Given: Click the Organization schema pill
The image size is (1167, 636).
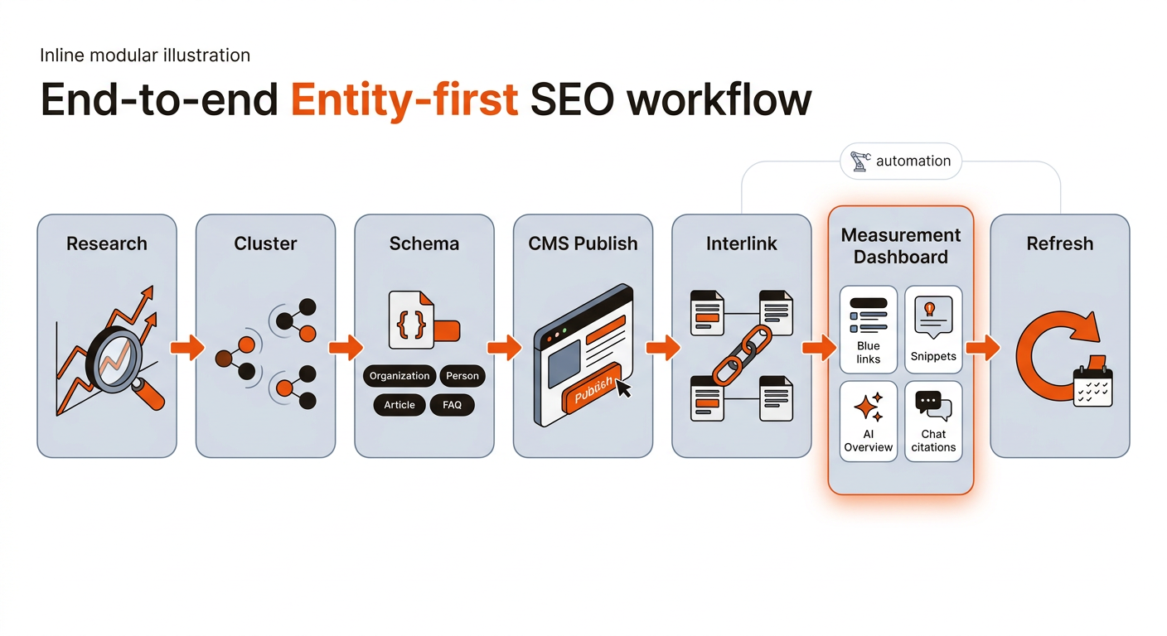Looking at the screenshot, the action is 399,376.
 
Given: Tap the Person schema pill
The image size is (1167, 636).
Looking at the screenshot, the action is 462,376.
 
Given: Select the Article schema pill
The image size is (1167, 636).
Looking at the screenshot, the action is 399,405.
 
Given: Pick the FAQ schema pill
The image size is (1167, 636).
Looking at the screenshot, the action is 452,405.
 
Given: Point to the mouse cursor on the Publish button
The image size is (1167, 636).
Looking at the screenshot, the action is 623,388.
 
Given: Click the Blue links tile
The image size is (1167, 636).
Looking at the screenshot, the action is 869,330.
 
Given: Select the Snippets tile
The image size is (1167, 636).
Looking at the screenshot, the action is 933,330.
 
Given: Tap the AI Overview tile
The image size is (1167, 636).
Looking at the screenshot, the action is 869,422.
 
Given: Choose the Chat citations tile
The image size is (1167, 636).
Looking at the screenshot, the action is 933,422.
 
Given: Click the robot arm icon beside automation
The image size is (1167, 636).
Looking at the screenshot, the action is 860,161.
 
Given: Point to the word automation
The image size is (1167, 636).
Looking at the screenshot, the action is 913,161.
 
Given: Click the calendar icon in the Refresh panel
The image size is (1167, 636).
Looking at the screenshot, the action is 1093,388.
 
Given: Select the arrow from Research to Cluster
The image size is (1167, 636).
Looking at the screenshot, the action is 187,347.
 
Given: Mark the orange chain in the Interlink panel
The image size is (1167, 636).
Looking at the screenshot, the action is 742,356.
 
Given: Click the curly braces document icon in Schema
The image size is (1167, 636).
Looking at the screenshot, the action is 412,320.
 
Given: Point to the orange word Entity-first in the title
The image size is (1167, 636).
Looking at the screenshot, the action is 404,99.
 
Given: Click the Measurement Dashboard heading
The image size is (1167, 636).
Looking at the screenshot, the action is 901,246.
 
